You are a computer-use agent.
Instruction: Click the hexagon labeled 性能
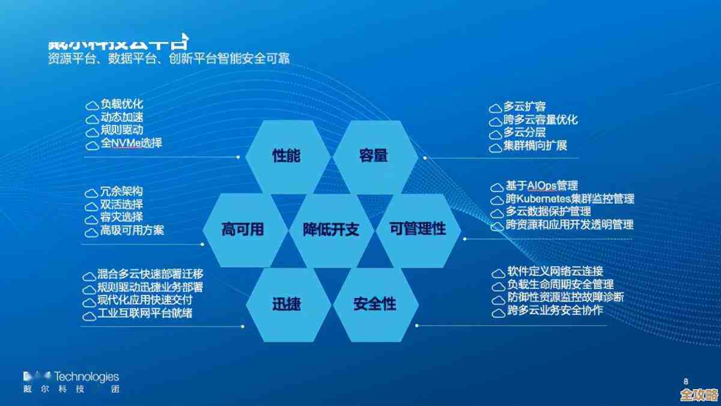pos(287,156)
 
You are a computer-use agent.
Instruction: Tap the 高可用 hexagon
pos(243,229)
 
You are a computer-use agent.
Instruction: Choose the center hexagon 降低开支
pos(330,229)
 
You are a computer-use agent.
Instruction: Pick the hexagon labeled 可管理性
pos(418,229)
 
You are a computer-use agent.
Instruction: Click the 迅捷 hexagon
pos(287,303)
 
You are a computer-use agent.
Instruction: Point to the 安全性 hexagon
pos(374,303)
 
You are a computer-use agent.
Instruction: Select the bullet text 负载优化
pos(122,105)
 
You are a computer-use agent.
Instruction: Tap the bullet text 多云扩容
pos(525,107)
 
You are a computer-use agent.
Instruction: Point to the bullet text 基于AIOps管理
pos(541,186)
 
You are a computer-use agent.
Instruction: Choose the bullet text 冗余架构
pos(122,192)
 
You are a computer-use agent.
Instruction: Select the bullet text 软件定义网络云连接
pos(555,272)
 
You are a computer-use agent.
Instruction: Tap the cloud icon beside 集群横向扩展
pos(495,147)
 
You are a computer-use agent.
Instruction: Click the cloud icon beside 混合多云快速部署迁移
pos(89,276)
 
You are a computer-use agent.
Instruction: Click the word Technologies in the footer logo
pos(87,377)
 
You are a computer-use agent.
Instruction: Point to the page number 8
pos(686,381)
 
